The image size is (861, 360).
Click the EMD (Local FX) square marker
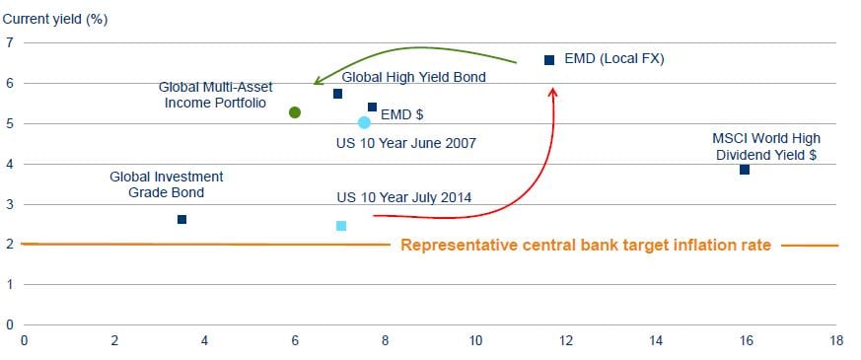[549, 60]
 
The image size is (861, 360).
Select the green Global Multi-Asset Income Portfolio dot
[295, 112]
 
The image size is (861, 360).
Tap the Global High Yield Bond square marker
[337, 94]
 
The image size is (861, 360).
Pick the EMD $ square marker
[372, 107]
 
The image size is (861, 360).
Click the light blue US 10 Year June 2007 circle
[364, 122]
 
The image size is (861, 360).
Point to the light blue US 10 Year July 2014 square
[341, 226]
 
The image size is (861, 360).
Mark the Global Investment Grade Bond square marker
[181, 220]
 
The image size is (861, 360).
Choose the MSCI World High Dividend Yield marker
[744, 170]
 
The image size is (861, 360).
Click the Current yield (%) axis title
[55, 20]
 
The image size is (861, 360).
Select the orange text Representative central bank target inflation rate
[586, 245]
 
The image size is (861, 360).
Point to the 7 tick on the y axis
[9, 42]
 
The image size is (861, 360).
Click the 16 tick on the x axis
[746, 341]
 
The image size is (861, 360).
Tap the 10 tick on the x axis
[475, 341]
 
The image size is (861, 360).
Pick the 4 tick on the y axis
[9, 164]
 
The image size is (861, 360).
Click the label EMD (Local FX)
[614, 59]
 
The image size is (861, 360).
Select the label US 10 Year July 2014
[403, 197]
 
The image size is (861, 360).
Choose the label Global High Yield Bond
[413, 77]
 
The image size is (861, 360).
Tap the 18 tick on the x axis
[835, 341]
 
